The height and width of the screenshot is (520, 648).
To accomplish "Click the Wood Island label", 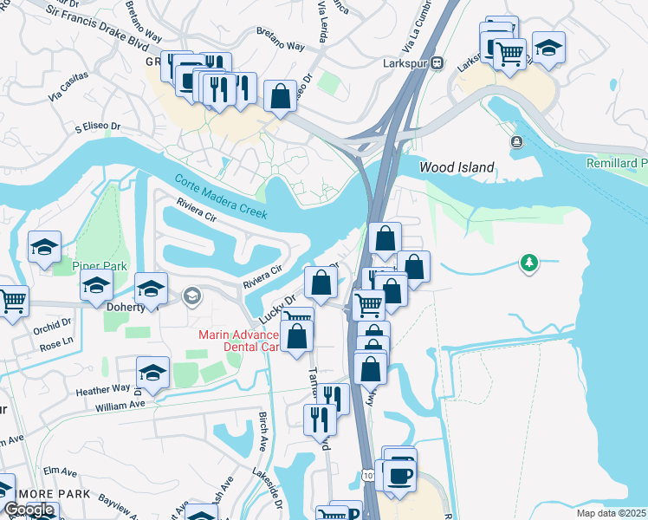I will coord(457,167).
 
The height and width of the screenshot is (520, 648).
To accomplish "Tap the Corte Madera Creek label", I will coord(221,197).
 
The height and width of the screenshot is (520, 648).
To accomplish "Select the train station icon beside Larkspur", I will coord(438,62).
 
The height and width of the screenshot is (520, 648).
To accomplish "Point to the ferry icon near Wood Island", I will coord(517,141).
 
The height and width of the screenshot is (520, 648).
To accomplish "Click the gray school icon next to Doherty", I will coord(190,297).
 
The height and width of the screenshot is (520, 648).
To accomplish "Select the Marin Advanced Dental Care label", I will coord(239,341).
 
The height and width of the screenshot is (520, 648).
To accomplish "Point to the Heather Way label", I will coord(102,390).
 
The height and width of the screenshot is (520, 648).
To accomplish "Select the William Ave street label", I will coord(120,406).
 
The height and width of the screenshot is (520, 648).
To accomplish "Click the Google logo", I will coord(29,510).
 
